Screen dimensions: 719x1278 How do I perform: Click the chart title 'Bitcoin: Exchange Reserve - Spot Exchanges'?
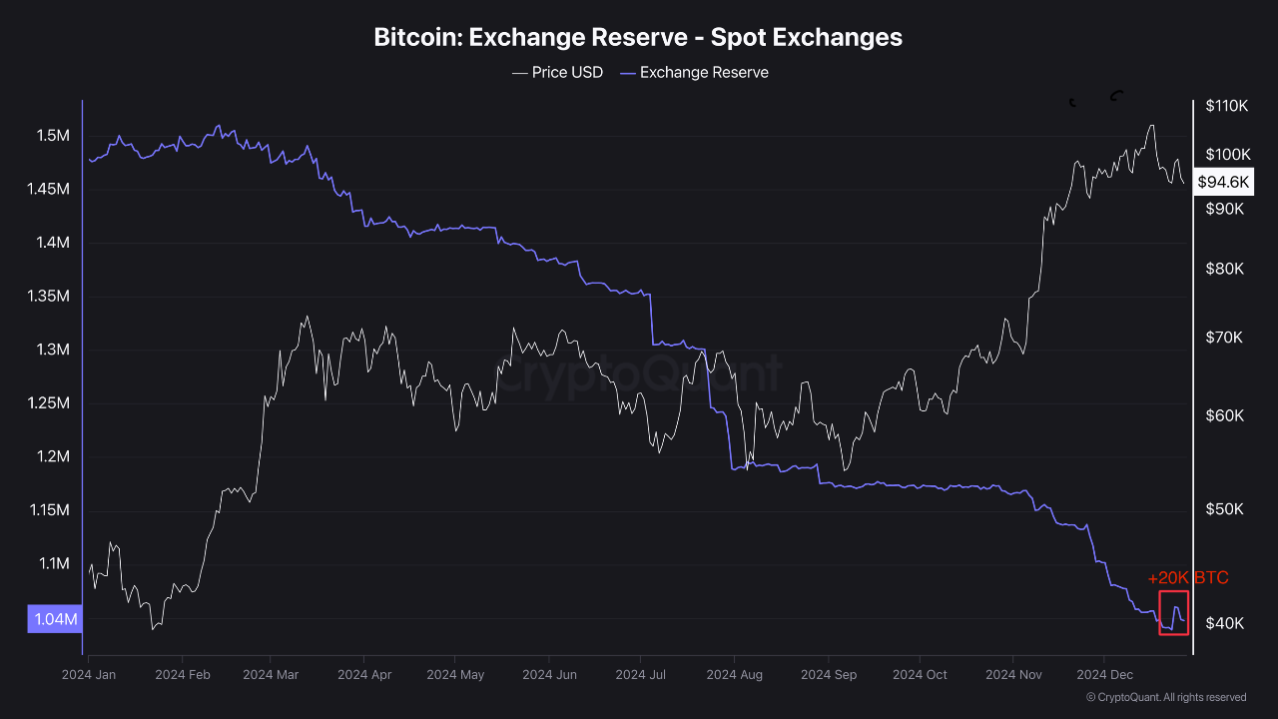pyautogui.click(x=638, y=37)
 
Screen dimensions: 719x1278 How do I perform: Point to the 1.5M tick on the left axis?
pyautogui.click(x=52, y=136)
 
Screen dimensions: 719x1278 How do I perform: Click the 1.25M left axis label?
pyautogui.click(x=52, y=403)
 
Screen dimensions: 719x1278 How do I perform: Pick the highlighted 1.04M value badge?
pyautogui.click(x=55, y=619)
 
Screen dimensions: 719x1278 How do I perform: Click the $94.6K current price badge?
pyautogui.click(x=1223, y=182)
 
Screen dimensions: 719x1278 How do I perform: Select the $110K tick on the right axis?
pyautogui.click(x=1227, y=106)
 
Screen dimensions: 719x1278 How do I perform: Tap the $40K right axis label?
pyautogui.click(x=1224, y=623)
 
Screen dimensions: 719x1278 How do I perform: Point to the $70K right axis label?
pyautogui.click(x=1224, y=338)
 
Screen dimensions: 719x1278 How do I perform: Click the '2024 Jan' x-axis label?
pyautogui.click(x=89, y=675)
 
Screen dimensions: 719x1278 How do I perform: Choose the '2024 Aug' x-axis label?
pyautogui.click(x=734, y=675)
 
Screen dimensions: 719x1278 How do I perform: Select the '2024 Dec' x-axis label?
pyautogui.click(x=1103, y=675)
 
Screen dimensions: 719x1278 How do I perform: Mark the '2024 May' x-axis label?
pyautogui.click(x=454, y=675)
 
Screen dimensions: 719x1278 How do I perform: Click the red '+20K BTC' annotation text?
pyautogui.click(x=1188, y=578)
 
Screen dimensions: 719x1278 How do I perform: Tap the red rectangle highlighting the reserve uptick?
pyautogui.click(x=1173, y=612)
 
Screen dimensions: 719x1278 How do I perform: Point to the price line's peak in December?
pyautogui.click(x=1152, y=126)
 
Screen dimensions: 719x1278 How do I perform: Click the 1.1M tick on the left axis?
pyautogui.click(x=52, y=564)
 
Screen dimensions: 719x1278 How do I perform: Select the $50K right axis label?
pyautogui.click(x=1224, y=509)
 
